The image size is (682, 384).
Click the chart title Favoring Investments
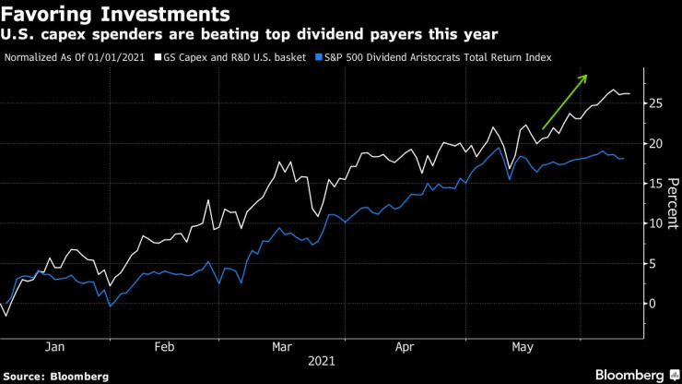(x=116, y=14)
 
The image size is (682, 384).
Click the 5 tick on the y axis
(x=653, y=263)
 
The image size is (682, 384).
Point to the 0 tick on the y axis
(x=653, y=303)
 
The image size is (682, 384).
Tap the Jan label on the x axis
(x=54, y=347)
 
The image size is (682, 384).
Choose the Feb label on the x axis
(x=164, y=347)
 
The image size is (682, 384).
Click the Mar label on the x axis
(x=283, y=347)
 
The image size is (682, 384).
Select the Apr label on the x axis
(x=403, y=347)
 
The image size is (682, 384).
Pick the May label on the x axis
(x=522, y=347)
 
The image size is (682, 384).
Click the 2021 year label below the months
(x=323, y=363)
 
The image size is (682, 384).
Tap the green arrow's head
(x=584, y=78)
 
